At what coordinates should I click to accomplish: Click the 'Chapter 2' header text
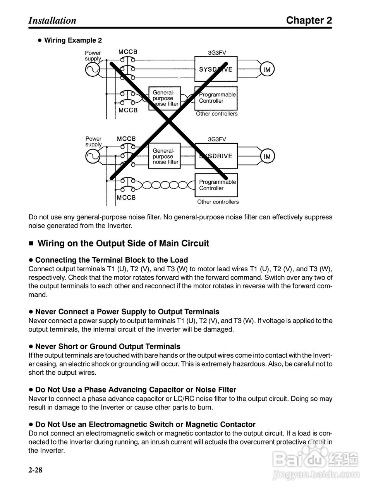click(309, 21)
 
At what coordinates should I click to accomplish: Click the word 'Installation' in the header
click(52, 21)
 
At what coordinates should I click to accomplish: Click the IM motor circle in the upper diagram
click(267, 70)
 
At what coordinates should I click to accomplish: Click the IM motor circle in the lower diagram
click(267, 157)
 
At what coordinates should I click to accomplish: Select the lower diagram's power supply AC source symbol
click(93, 157)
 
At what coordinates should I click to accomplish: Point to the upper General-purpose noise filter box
click(165, 98)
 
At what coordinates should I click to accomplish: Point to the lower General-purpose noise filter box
click(165, 156)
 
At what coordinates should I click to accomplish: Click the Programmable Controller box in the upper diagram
click(216, 98)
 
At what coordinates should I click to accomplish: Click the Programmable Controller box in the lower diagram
click(216, 185)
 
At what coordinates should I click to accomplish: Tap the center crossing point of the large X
click(169, 121)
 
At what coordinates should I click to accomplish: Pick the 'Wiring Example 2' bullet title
click(73, 40)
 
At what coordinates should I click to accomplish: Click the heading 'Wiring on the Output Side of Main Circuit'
click(123, 243)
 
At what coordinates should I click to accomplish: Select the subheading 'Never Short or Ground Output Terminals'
click(108, 346)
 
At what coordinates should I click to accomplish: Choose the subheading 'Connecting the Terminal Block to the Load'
click(112, 260)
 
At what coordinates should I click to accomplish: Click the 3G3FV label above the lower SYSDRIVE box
click(217, 139)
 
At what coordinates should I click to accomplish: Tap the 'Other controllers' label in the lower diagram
click(218, 202)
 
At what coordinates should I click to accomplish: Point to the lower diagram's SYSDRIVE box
click(216, 156)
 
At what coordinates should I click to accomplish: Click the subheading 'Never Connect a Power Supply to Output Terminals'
click(127, 312)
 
